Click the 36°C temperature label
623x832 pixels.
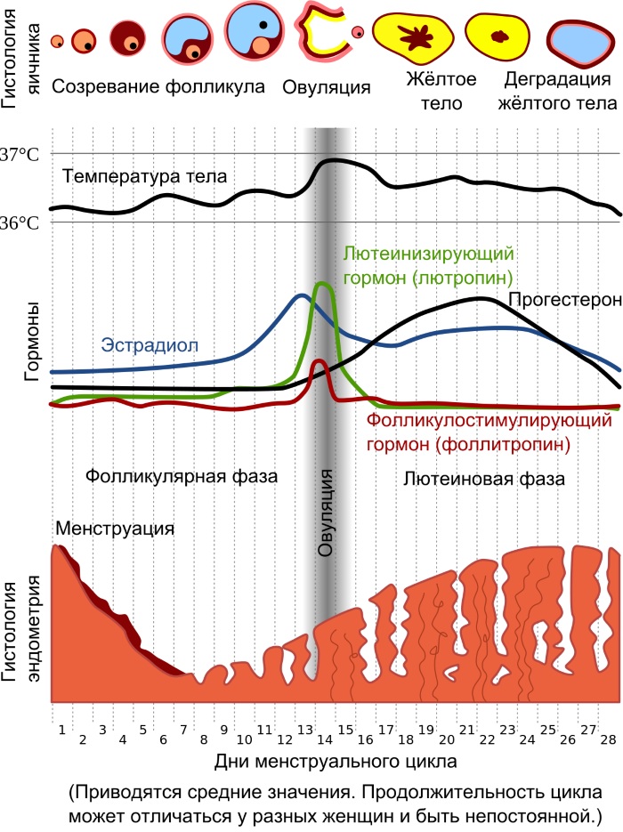19,222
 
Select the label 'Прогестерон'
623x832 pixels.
564,299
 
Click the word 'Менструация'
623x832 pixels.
114,529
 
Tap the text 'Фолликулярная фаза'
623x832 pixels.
182,476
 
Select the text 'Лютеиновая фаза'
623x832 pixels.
483,477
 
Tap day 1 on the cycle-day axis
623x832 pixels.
61,731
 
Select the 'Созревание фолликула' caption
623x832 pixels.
159,87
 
